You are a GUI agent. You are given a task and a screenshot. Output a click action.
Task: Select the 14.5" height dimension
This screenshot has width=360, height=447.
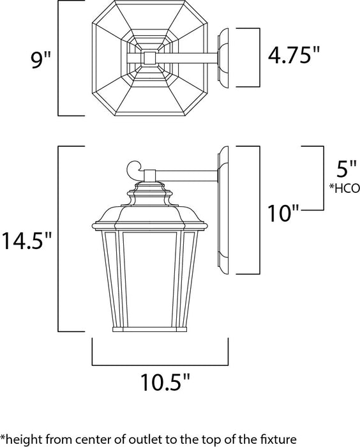pos(26,242)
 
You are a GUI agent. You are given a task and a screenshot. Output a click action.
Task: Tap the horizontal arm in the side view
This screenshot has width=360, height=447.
pos(188,173)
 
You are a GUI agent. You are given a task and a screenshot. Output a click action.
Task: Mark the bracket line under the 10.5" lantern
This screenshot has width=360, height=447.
pos(160,364)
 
